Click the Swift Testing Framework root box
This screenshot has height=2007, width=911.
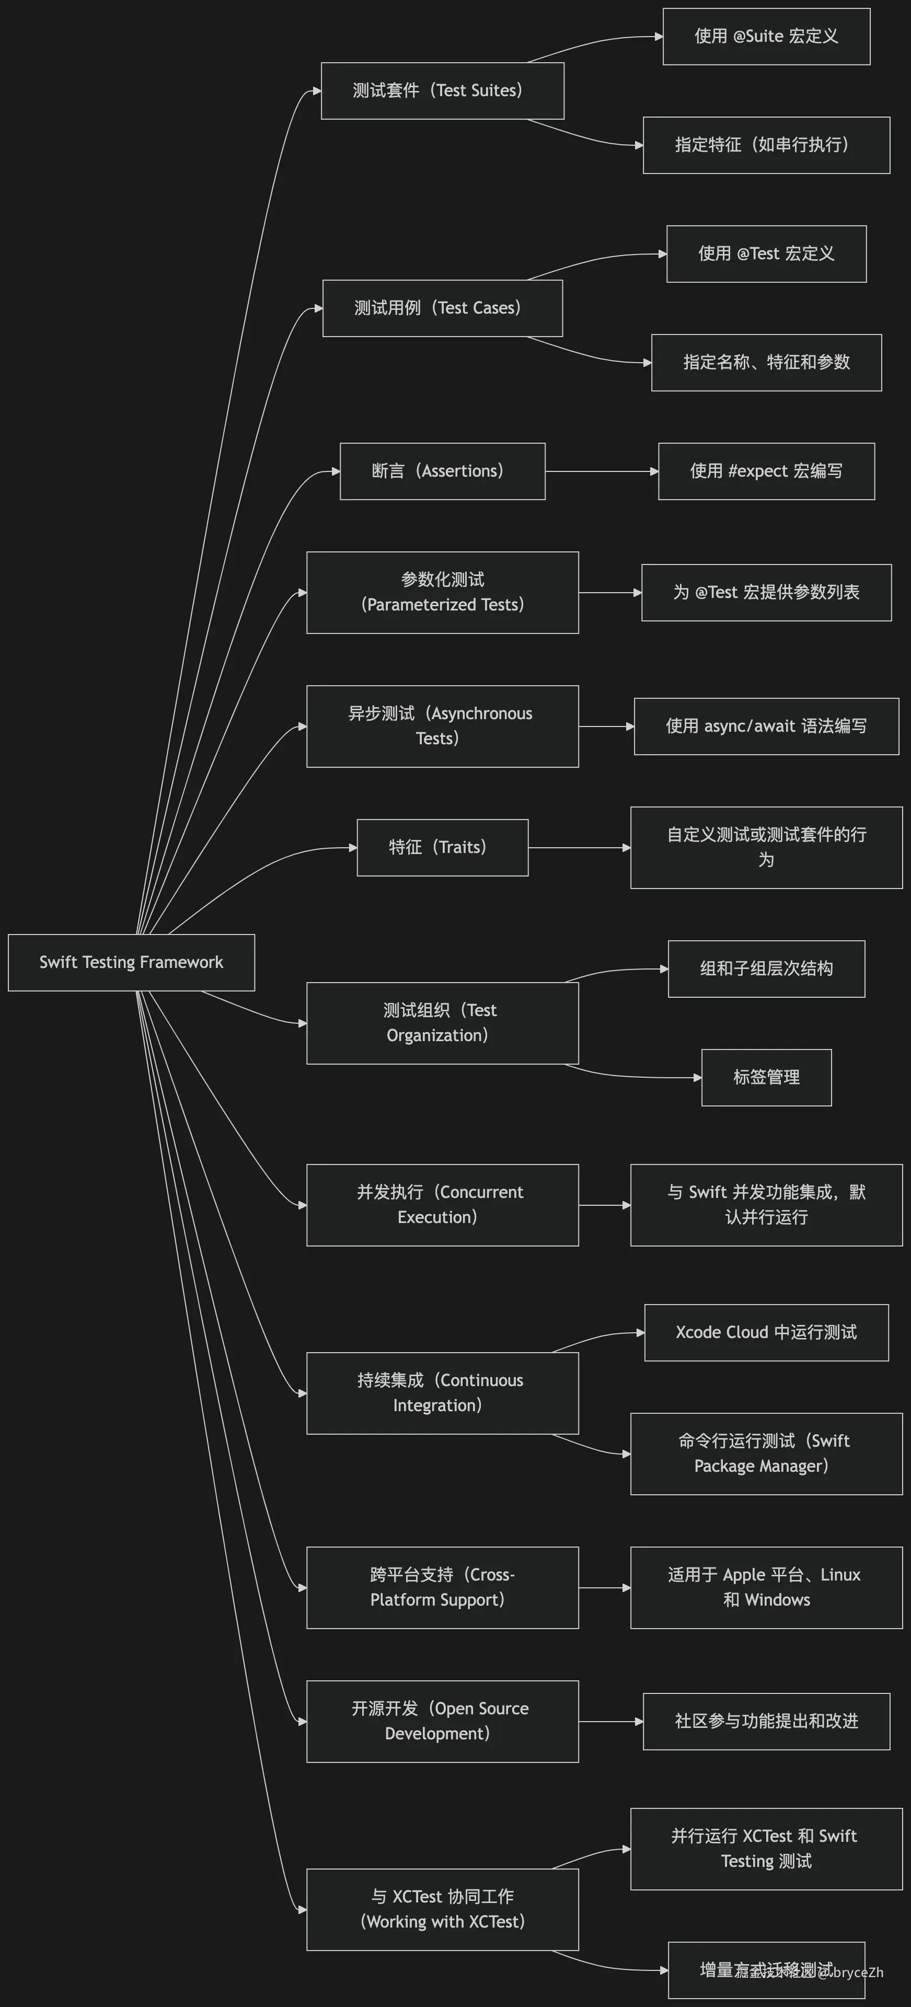click(x=131, y=962)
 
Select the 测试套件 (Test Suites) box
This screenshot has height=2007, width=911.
click(x=442, y=90)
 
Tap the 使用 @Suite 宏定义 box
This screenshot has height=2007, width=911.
click(x=766, y=37)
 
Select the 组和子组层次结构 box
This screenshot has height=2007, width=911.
click(x=766, y=968)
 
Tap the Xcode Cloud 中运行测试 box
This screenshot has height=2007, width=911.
click(x=766, y=1332)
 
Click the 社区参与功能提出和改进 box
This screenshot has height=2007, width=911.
click(x=766, y=1721)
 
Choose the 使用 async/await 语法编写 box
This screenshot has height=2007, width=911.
click(x=766, y=726)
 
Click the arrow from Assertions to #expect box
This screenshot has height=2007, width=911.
click(x=601, y=471)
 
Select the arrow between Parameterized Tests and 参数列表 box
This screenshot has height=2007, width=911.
click(x=609, y=593)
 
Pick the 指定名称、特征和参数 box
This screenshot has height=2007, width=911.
click(x=766, y=362)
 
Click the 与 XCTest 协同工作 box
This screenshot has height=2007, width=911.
click(x=442, y=1909)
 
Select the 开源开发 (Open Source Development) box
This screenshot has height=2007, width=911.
click(x=442, y=1721)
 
